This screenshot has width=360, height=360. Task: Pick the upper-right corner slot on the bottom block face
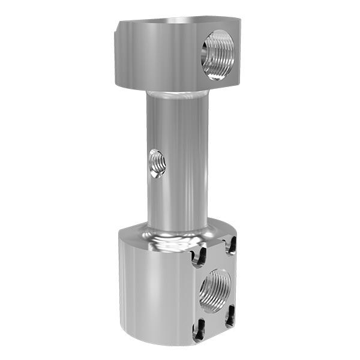tap(231, 244)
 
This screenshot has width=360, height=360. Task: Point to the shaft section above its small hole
tap(174, 126)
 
